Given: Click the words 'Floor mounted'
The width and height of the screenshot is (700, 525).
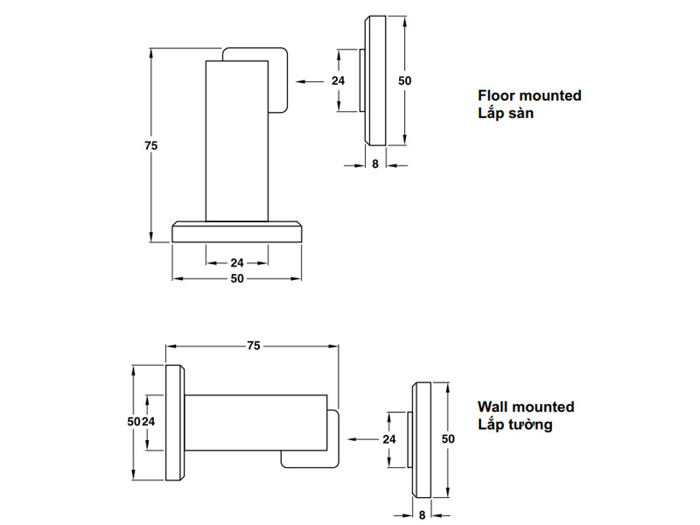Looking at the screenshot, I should [x=529, y=95].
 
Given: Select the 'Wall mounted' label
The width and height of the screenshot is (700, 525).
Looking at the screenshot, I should [x=526, y=407].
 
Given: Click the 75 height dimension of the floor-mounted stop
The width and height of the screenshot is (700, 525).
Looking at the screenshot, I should [x=150, y=146].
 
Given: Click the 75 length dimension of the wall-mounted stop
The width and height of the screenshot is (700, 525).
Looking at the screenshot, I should [x=253, y=346].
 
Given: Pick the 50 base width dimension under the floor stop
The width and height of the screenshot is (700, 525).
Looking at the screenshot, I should [x=237, y=279].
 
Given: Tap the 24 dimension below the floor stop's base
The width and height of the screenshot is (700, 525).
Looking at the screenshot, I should [x=237, y=262].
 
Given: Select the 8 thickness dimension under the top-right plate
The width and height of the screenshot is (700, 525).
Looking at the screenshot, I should [x=374, y=164].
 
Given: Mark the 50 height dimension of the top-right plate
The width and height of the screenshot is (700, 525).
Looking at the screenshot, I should [x=404, y=80].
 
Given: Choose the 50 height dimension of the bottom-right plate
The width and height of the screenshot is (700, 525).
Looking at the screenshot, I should [x=448, y=437].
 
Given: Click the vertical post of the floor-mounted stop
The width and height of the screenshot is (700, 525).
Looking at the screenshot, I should [x=236, y=140].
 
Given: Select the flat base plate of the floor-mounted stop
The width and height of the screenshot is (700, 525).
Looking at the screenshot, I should [x=237, y=232].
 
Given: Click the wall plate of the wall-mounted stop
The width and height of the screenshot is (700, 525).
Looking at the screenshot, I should [x=174, y=422].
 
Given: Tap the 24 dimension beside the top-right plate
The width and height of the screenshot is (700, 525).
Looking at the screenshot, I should [x=339, y=80].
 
